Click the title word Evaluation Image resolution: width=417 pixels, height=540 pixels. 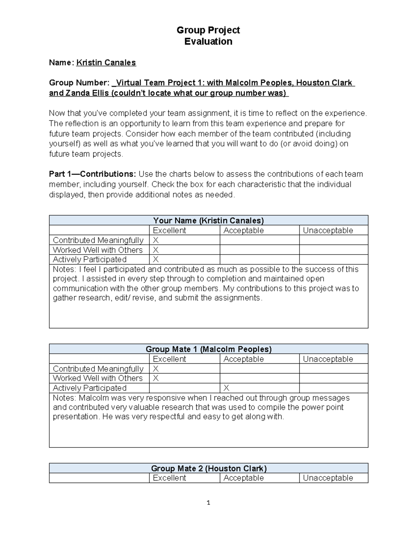[208, 41]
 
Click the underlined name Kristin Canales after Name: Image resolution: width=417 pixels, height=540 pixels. [106, 63]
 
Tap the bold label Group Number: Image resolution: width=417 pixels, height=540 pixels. [79, 83]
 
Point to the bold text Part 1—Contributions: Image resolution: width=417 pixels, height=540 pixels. [93, 174]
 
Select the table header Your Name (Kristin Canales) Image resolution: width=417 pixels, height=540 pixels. [208, 220]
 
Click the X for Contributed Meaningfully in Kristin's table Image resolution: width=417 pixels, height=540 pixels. [156, 240]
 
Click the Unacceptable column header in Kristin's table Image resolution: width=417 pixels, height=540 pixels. [328, 231]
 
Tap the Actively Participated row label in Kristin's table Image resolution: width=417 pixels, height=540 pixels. [90, 259]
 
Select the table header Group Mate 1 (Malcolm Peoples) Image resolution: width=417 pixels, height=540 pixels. [208, 349]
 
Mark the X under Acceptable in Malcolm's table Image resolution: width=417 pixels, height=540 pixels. [226, 388]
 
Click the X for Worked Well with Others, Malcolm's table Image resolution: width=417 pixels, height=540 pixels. [156, 378]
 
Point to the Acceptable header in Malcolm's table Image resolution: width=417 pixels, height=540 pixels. [243, 359]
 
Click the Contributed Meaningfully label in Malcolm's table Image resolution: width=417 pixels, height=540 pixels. [98, 369]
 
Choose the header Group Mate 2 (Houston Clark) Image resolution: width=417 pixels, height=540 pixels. [208, 468]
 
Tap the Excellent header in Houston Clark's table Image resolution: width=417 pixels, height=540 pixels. [169, 478]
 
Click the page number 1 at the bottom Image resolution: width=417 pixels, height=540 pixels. [208, 502]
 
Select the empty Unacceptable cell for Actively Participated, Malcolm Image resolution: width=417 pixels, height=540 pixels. [333, 388]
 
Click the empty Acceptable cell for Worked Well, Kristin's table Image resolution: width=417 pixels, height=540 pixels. [259, 250]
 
